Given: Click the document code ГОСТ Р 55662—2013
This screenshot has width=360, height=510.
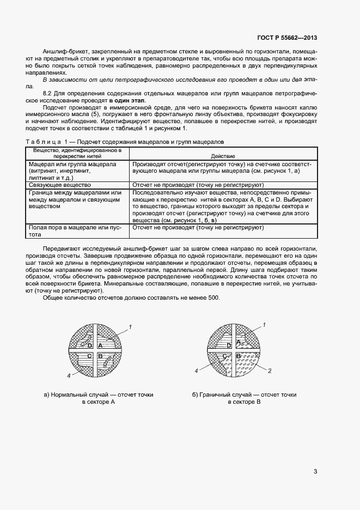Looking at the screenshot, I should [x=286, y=38].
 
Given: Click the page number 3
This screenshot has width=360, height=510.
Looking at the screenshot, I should [x=315, y=471].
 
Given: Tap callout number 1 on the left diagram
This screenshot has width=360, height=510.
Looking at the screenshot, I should [x=131, y=326].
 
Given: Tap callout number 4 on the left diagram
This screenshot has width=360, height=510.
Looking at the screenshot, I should [x=69, y=376].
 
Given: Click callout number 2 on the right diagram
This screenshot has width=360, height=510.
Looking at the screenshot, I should [x=270, y=371].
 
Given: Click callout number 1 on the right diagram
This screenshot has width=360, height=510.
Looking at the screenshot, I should [x=264, y=325].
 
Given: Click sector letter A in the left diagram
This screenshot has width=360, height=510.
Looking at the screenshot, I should [x=101, y=345].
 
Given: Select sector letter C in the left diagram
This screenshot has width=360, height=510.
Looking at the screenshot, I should [x=89, y=355].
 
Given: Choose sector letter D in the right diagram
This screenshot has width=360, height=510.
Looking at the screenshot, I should [x=229, y=345].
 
